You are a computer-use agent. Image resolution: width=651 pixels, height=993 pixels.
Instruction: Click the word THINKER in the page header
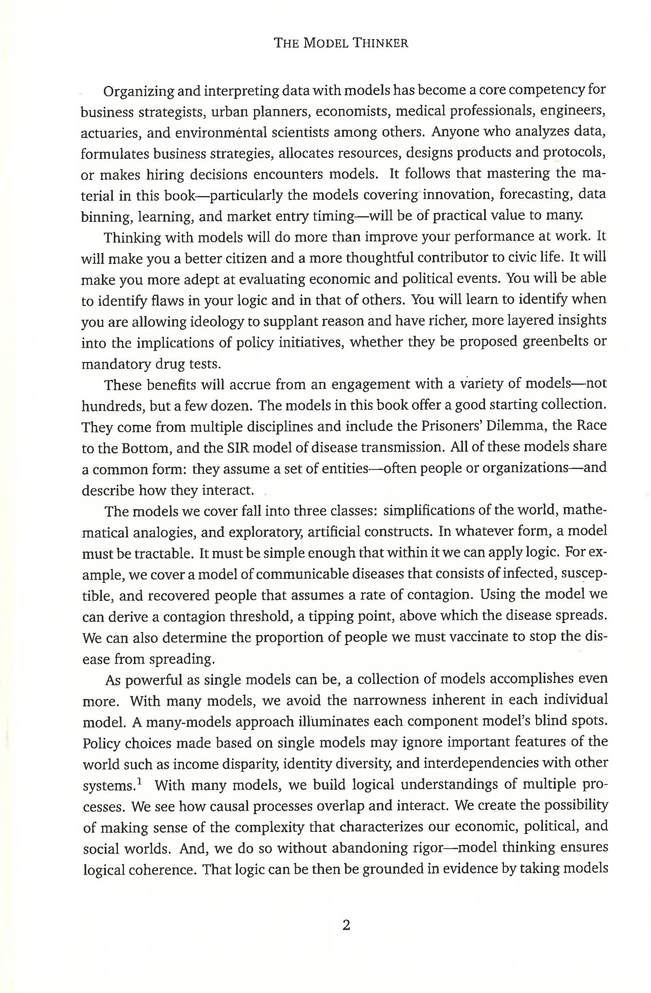pos(381,43)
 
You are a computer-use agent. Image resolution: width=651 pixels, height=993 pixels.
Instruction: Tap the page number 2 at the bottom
pos(346,926)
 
